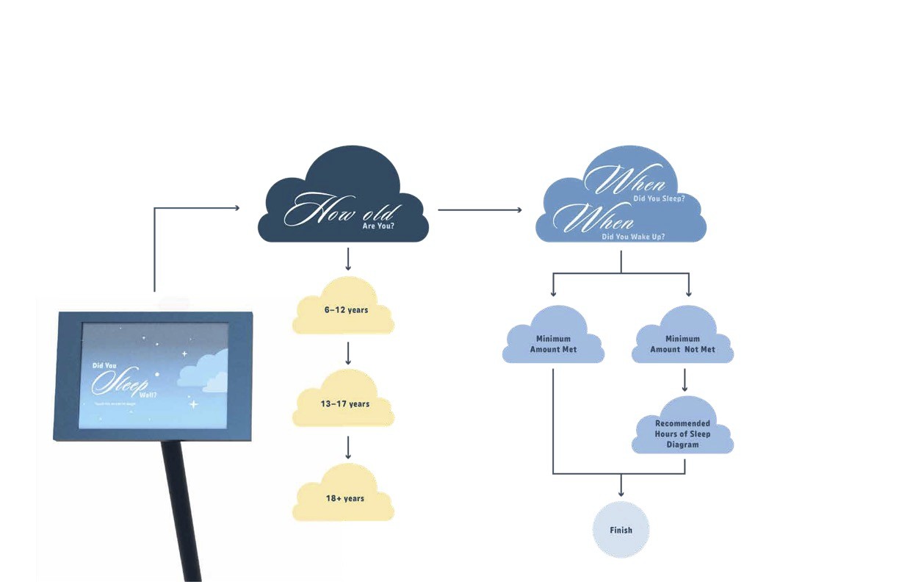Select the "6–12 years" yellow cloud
346,311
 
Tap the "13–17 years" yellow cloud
346,405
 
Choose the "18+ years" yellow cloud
344,499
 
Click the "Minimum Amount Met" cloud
553,343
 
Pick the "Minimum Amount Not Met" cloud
682,343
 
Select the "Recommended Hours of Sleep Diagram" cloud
682,433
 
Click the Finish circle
621,530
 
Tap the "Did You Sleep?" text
660,198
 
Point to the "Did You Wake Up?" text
633,237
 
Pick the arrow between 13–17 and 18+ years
348,448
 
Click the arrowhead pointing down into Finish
621,492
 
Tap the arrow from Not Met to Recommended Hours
685,379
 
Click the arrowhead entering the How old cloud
236,208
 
